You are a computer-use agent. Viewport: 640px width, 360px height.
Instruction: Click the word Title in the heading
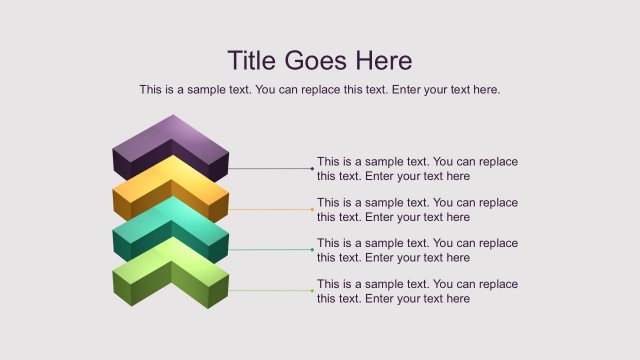[252, 60]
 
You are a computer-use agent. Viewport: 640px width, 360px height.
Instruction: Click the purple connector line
[270, 169]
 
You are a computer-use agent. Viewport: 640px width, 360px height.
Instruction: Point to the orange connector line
[270, 210]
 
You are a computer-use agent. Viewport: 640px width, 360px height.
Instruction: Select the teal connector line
[270, 250]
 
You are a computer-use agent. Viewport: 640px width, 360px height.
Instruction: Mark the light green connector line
[270, 291]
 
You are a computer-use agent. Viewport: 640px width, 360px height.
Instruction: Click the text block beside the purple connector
[417, 169]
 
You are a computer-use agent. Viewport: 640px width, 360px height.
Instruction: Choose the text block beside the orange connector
[417, 210]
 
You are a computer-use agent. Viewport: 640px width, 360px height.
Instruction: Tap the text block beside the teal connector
[417, 250]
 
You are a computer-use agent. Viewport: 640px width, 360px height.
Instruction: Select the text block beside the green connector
[417, 291]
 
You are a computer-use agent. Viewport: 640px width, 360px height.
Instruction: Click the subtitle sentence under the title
[320, 90]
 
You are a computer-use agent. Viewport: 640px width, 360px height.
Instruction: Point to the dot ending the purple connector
[312, 169]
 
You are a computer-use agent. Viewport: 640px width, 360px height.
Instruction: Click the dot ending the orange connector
[312, 210]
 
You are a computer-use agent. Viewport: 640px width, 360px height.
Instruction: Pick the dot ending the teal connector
[312, 250]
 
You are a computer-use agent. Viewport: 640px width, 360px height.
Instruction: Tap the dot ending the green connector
[312, 291]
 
